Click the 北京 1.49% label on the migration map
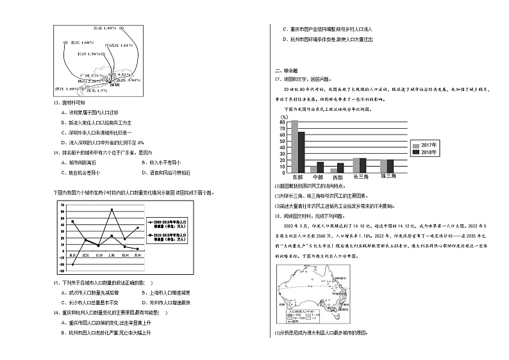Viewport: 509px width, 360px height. tap(104, 28)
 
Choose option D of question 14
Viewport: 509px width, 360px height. tap(165, 172)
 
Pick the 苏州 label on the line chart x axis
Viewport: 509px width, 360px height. tap(138, 255)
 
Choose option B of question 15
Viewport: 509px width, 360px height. tap(166, 293)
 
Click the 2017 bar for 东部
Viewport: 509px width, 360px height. tap(294, 146)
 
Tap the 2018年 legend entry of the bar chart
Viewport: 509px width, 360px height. tap(425, 152)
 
